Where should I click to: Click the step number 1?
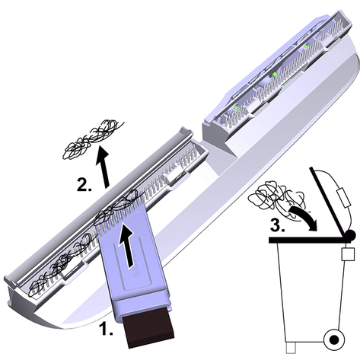[x=106, y=328]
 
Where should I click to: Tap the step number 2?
[x=84, y=185]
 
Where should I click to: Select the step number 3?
[x=277, y=225]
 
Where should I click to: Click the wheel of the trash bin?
[x=334, y=339]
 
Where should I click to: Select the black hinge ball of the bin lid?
[x=350, y=234]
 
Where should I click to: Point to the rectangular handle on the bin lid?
[x=343, y=198]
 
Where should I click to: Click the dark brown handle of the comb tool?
[x=148, y=329]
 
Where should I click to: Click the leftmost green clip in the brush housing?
[x=237, y=108]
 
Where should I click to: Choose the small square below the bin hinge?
[x=348, y=254]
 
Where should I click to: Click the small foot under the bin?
[x=291, y=348]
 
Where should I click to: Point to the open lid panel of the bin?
[x=328, y=199]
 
